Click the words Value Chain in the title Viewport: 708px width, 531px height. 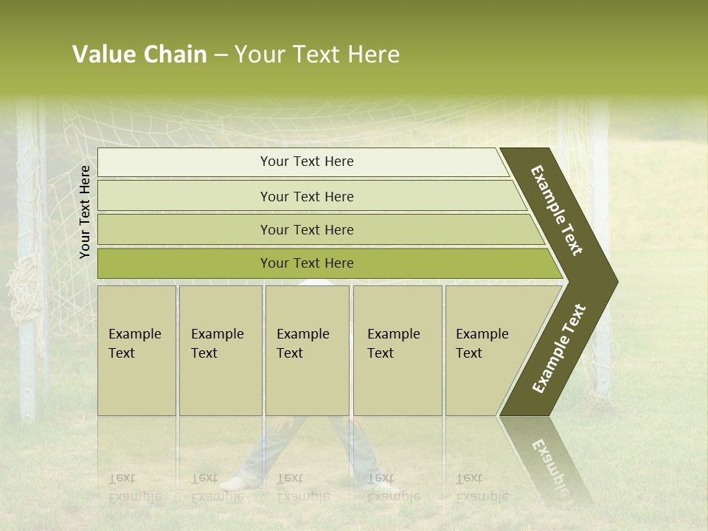(x=139, y=55)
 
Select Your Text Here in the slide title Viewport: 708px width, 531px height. (x=317, y=55)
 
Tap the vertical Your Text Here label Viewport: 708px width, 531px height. (x=86, y=212)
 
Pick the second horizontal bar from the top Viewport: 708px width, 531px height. (x=306, y=196)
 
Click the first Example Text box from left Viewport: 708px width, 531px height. (x=136, y=350)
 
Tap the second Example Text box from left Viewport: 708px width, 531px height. (x=220, y=350)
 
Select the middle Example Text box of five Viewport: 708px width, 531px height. (x=307, y=350)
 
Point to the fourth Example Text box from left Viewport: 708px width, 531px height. (x=397, y=350)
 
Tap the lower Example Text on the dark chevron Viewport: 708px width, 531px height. (x=559, y=349)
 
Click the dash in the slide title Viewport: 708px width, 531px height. (x=221, y=55)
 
